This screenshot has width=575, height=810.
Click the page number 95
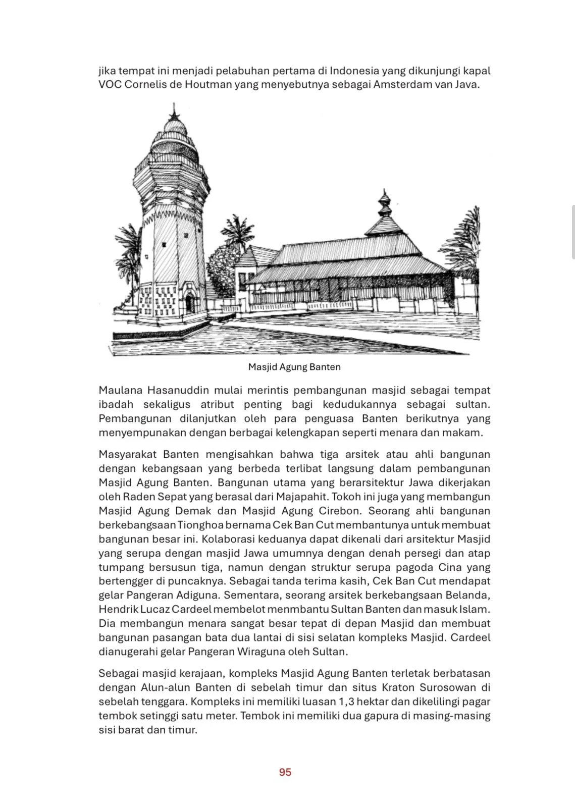coord(285,772)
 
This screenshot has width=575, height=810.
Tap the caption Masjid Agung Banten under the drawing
coord(294,367)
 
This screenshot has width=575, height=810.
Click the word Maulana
coord(120,390)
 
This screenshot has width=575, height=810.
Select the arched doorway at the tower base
coord(189,304)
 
